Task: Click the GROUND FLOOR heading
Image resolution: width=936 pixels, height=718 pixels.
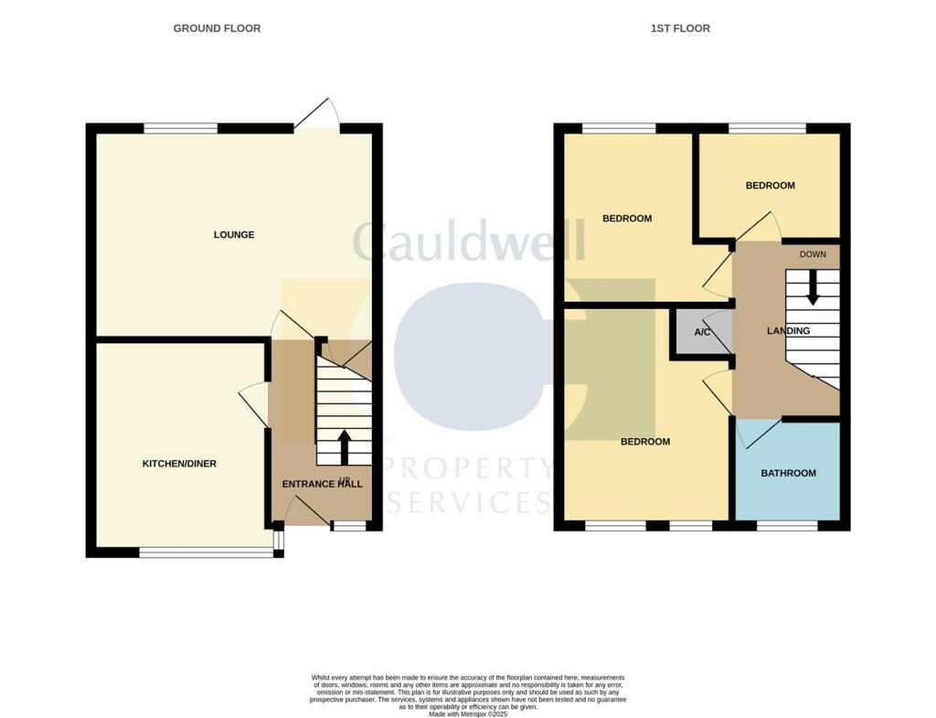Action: coord(217,28)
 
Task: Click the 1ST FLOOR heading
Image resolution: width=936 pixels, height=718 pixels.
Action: coord(680,28)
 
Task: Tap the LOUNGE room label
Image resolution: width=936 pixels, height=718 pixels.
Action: coord(234,235)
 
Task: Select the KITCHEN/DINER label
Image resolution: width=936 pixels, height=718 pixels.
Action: coord(179,464)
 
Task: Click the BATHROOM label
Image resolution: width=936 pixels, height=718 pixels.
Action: coord(788,474)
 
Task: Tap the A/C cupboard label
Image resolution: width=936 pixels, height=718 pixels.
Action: coord(702,332)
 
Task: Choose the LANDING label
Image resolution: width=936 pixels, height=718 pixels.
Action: coord(788,331)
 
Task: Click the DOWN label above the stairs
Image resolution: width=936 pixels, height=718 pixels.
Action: coord(813,254)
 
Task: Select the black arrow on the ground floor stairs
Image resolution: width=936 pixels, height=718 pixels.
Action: coord(345,447)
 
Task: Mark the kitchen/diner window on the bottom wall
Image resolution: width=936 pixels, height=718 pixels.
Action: coord(206,552)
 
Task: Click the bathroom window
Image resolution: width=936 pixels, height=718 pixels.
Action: coord(787,526)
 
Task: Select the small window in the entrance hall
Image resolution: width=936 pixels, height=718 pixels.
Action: coord(347,526)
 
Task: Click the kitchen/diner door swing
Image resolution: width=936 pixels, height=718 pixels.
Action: coord(253,402)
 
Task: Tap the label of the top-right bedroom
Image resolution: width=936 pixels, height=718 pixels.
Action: coord(770,186)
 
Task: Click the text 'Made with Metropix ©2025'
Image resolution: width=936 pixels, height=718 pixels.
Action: coord(467,713)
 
